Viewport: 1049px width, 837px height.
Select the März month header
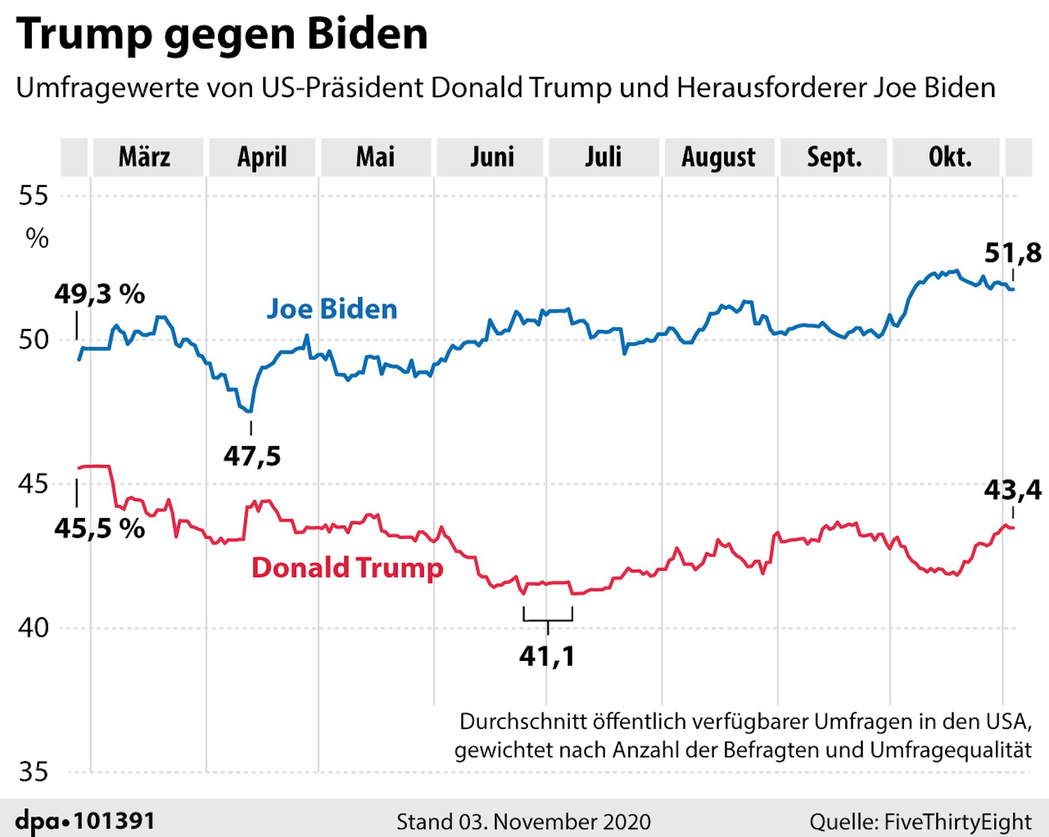145,157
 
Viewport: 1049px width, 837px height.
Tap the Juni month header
492,157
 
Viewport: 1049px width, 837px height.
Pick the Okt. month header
950,157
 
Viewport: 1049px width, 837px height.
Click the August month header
718,157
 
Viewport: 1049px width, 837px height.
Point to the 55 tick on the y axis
33,196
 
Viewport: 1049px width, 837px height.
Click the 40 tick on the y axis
33,628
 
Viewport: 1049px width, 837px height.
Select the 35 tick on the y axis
33,772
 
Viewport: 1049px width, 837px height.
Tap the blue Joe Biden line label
331,309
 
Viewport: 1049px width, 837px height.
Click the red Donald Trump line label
347,568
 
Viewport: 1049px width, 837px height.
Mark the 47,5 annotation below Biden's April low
252,456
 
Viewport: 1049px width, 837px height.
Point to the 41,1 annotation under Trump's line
547,656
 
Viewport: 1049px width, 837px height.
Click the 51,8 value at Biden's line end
1012,253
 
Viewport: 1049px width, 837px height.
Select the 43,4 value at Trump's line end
1012,490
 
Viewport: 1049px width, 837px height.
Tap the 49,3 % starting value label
99,294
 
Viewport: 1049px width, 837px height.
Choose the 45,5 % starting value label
99,528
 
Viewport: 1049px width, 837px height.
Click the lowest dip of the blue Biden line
250,411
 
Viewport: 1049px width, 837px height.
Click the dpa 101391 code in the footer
85,821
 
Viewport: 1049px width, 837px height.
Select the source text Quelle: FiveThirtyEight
920,822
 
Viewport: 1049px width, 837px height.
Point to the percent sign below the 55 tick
37,239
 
